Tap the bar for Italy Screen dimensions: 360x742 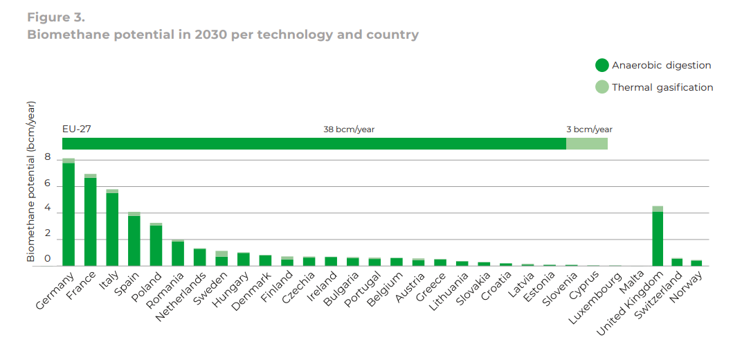tap(112, 228)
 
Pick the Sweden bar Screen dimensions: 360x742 tap(221, 260)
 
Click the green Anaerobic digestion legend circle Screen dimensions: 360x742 tap(601, 66)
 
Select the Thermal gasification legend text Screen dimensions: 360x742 tap(662, 87)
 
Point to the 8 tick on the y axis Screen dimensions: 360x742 tap(48, 158)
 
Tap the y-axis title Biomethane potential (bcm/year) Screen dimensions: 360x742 tap(31, 181)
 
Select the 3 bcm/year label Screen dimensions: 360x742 tap(589, 129)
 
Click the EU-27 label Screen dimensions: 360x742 tap(77, 129)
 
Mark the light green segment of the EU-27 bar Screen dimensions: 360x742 tap(587, 143)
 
